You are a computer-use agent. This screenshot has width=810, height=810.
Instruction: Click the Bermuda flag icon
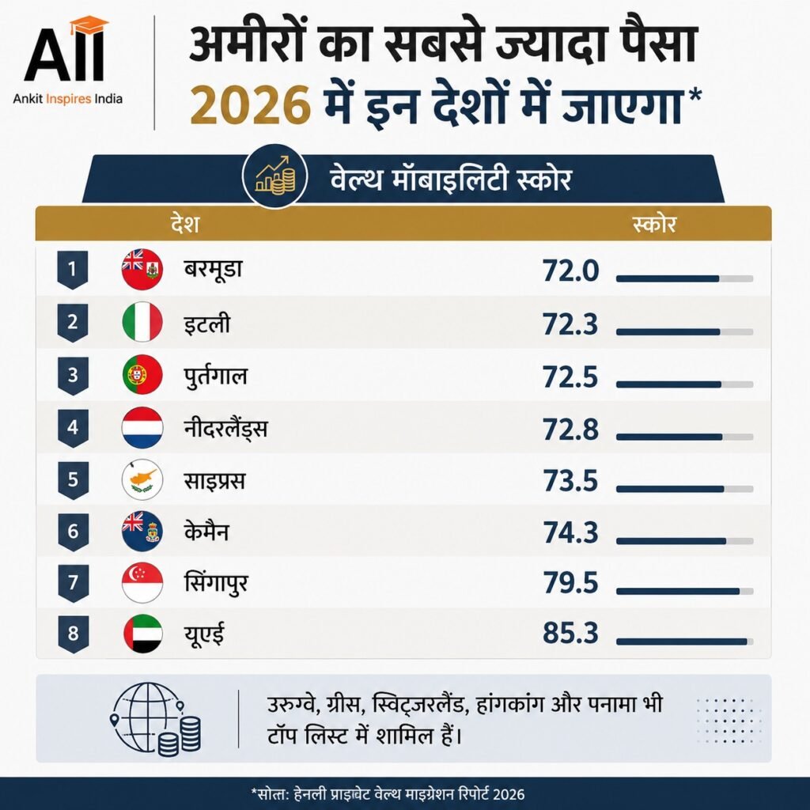tap(142, 269)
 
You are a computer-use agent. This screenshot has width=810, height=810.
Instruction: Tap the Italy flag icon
tap(142, 322)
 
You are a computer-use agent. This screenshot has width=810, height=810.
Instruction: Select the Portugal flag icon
tap(142, 374)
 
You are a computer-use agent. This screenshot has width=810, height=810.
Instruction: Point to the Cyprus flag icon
tap(142, 479)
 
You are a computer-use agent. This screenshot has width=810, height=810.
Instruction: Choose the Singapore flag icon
tap(142, 583)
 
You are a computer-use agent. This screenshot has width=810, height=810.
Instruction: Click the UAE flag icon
tap(142, 634)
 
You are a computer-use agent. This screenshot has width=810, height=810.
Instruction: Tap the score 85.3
tap(570, 634)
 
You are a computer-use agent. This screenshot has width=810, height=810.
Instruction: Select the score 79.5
tap(570, 583)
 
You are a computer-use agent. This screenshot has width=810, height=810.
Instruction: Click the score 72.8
tap(570, 430)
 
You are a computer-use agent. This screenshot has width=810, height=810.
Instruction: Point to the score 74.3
tap(570, 532)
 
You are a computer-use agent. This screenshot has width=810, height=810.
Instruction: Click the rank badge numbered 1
tap(72, 270)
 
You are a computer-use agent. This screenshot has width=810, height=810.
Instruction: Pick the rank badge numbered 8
tap(73, 634)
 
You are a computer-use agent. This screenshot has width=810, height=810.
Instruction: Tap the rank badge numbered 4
tap(72, 428)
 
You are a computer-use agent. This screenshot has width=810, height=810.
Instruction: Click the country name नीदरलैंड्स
tap(225, 428)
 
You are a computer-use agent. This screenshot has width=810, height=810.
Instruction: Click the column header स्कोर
tap(654, 224)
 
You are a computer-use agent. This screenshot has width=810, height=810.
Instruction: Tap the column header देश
tap(185, 224)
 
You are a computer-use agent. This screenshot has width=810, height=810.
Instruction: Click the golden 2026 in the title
tap(250, 105)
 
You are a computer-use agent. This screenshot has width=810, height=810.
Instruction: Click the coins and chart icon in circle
tap(275, 176)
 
